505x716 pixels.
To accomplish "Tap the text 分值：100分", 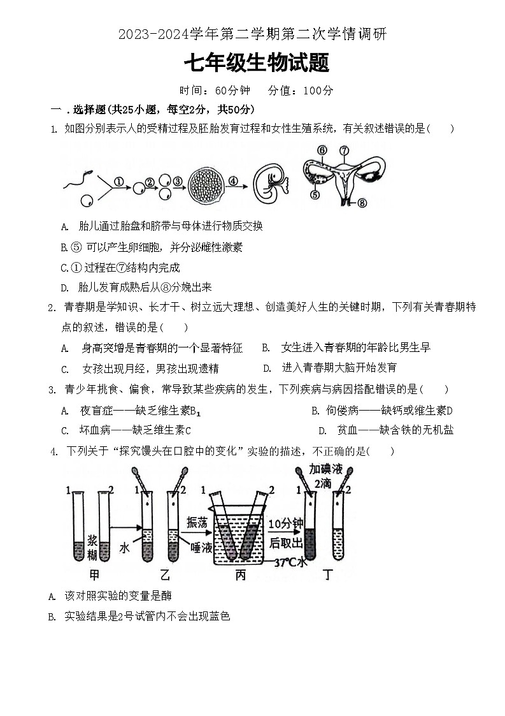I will point(301,91).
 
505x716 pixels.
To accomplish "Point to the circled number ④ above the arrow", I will point(233,180).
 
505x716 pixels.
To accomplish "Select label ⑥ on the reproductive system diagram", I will point(322,150).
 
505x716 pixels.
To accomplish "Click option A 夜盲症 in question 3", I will point(131,411).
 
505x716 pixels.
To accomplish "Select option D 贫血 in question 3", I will point(386,430).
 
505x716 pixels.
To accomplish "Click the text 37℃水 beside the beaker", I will point(290,562).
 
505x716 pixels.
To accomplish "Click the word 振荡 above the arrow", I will point(197,522).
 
